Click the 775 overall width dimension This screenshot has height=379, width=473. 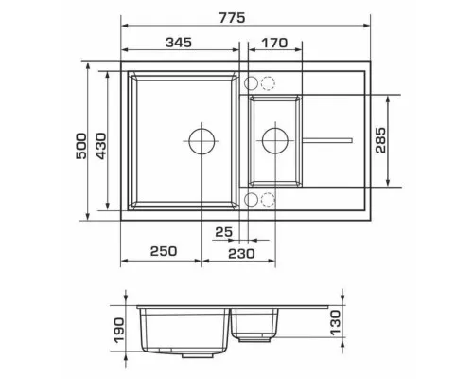pyautogui.click(x=233, y=18)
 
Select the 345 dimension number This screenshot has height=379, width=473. pyautogui.click(x=179, y=43)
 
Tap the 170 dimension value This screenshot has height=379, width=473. pyautogui.click(x=274, y=43)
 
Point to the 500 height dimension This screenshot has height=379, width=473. pyautogui.click(x=81, y=146)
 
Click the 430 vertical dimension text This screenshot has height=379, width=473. pyautogui.click(x=101, y=146)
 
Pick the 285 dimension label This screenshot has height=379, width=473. pyautogui.click(x=380, y=140)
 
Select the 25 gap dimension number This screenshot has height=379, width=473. pyautogui.click(x=224, y=232)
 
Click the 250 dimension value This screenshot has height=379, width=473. pyautogui.click(x=164, y=251)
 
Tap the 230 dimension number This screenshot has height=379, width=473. pyautogui.click(x=241, y=254)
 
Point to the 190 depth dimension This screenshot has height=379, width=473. pyautogui.click(x=119, y=331)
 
